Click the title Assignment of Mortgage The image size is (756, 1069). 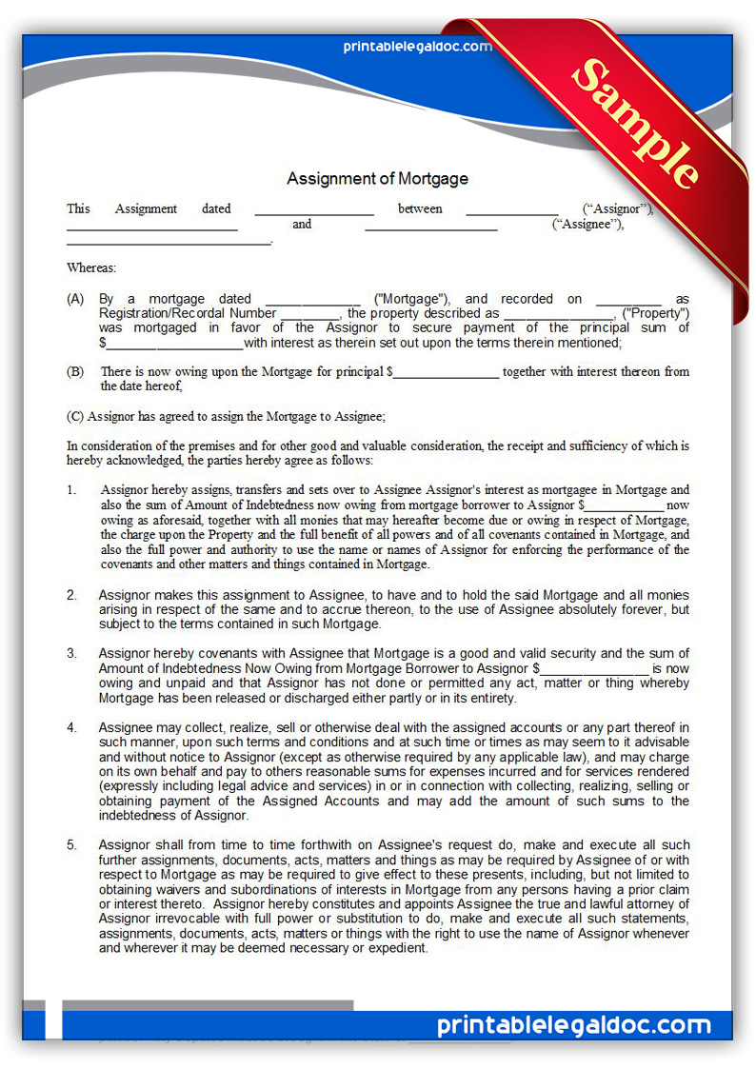[x=377, y=178]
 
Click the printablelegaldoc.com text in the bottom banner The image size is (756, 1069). [x=574, y=1025]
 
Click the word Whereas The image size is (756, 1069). [x=91, y=268]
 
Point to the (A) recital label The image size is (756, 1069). [x=75, y=299]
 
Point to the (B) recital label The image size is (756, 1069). [x=75, y=371]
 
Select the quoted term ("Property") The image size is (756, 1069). [x=655, y=313]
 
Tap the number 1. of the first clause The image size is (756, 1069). [x=72, y=489]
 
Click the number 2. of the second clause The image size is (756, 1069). [x=72, y=595]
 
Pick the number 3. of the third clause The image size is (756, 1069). [x=72, y=653]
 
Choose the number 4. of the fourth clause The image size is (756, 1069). [x=72, y=728]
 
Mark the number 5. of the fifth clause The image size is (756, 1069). [x=72, y=845]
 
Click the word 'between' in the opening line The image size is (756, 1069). [x=420, y=208]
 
